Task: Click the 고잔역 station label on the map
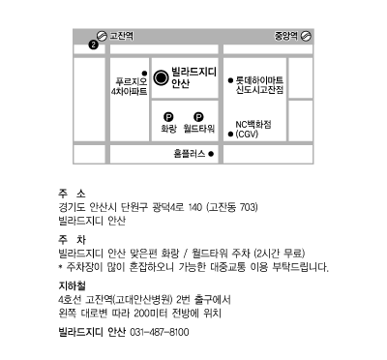point(122,36)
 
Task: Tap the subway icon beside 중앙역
point(306,36)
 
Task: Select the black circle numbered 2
point(93,45)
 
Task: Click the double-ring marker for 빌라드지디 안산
point(161,77)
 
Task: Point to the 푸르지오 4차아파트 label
point(129,87)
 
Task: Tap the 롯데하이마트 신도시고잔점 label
point(259,85)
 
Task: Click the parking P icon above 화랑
point(168,117)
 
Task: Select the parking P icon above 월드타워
point(198,117)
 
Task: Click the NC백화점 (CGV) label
point(253,129)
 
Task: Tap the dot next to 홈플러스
point(211,154)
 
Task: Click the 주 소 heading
point(72,194)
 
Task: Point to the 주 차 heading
point(72,240)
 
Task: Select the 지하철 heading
point(72,285)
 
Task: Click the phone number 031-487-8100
point(160,332)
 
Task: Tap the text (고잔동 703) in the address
point(232,207)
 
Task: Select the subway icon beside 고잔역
point(102,36)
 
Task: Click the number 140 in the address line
point(195,207)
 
